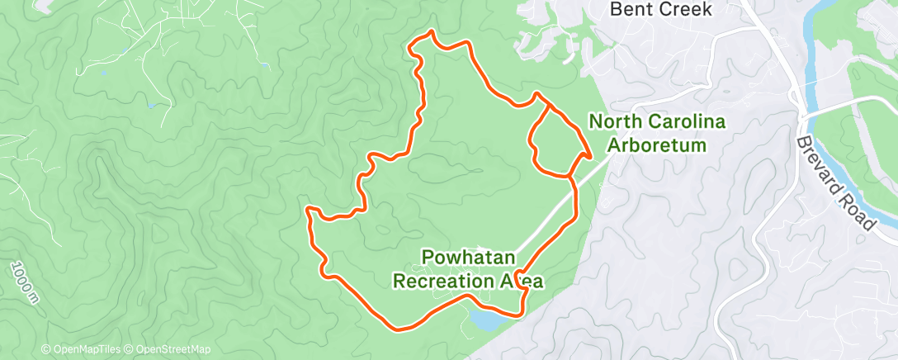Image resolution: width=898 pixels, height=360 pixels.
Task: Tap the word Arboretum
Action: click(656, 145)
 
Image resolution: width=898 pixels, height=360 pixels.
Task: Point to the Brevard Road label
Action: click(834, 182)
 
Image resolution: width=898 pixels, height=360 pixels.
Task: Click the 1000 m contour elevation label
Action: click(24, 280)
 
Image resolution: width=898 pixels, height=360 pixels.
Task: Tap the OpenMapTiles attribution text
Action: click(83, 350)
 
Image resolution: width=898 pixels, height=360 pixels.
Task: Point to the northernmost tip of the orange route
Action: click(429, 32)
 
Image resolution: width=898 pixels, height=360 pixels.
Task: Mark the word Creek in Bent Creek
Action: click(692, 10)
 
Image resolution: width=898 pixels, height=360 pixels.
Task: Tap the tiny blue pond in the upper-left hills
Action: click(151, 105)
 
